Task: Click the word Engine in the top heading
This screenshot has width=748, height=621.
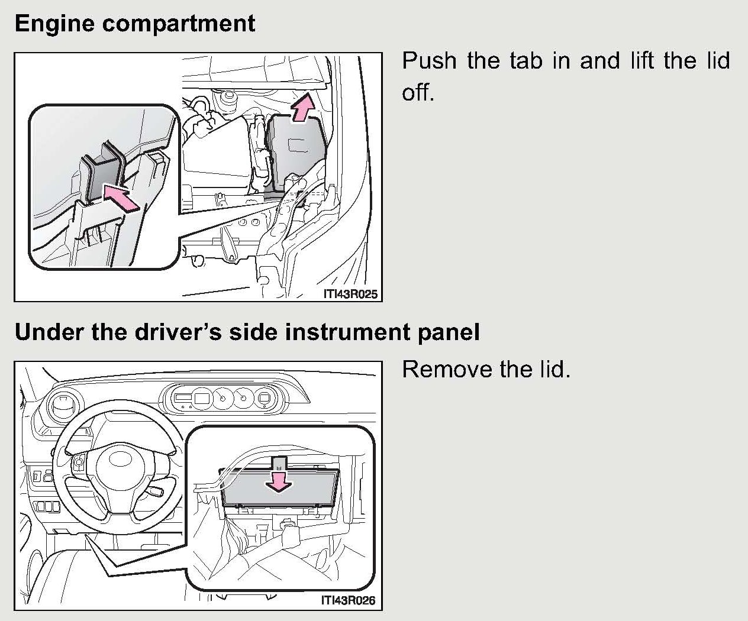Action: [x=54, y=24]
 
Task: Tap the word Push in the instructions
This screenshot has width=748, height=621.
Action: [x=429, y=60]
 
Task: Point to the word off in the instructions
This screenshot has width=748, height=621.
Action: [x=417, y=92]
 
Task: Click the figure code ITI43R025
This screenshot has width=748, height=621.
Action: [x=350, y=294]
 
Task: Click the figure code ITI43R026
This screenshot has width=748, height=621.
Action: [x=348, y=600]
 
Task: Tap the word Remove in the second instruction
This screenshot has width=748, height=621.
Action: [x=447, y=369]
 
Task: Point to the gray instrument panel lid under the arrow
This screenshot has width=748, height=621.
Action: [x=280, y=489]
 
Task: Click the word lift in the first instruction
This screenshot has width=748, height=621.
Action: [x=641, y=60]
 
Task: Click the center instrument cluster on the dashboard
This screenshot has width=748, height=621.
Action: [x=225, y=397]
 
